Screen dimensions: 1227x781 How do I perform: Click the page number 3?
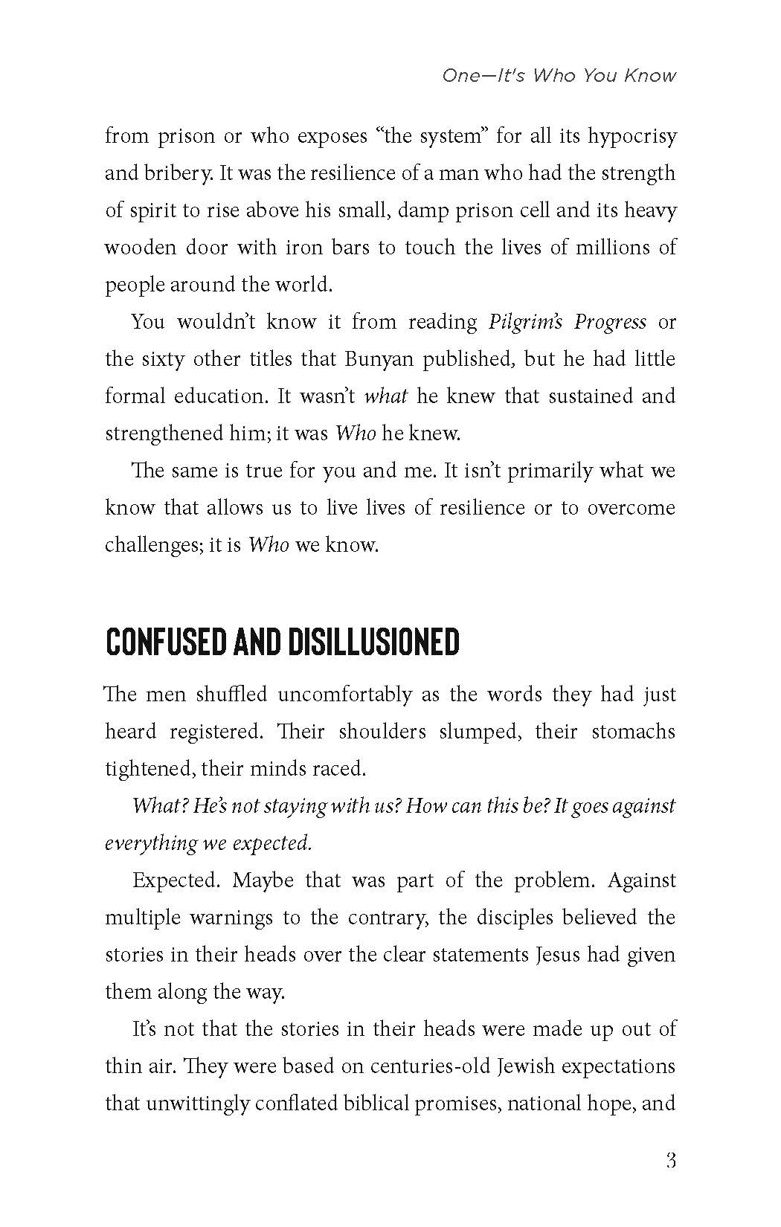(670, 1161)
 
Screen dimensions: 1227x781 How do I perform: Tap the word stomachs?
(633, 732)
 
